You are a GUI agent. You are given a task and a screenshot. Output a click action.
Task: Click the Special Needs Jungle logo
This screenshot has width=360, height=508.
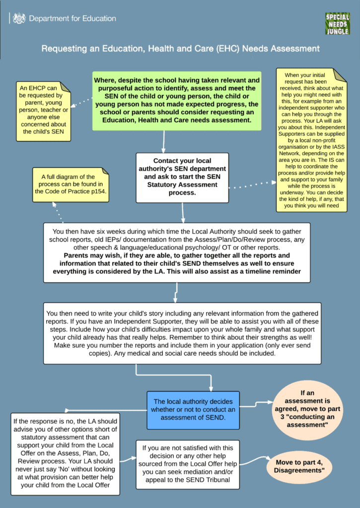pos(337,24)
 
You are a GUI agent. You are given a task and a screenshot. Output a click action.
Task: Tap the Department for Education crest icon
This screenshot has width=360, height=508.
pos(19,18)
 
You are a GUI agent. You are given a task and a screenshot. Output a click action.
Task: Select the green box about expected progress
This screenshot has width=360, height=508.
pos(177,101)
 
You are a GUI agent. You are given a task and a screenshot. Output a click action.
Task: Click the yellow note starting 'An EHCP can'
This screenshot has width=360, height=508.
pos(44,111)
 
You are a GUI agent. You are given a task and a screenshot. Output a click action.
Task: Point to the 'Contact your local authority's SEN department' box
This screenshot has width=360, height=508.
pos(182,178)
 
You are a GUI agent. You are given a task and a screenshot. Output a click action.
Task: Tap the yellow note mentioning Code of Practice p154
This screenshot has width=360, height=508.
pos(71,185)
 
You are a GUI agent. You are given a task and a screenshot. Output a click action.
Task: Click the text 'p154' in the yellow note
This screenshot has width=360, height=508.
pos(98,191)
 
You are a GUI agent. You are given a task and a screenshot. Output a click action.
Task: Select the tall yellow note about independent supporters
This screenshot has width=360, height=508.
pos(311,140)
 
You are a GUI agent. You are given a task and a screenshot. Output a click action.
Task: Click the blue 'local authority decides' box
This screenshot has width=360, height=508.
pos(193,410)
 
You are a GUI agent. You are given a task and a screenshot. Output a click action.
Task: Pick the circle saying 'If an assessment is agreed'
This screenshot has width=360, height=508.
pos(307,409)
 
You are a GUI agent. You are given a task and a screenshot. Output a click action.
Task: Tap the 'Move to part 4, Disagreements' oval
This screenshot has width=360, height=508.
pos(299,466)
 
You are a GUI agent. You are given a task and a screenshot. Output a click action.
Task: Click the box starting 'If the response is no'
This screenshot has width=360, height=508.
pos(65,454)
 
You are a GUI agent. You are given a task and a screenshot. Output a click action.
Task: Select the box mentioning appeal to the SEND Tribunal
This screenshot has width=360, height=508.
pos(188,464)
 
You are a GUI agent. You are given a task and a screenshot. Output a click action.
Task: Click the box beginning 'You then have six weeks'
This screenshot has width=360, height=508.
pos(177,253)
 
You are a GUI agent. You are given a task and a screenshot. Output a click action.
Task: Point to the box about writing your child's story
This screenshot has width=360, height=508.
pos(182,333)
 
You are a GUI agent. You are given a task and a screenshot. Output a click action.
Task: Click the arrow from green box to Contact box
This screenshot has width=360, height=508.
pos(164,141)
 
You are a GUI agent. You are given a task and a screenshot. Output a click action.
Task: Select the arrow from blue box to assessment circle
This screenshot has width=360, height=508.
pos(256,404)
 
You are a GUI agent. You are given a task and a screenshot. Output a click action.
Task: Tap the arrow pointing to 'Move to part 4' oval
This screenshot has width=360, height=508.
pos(255,460)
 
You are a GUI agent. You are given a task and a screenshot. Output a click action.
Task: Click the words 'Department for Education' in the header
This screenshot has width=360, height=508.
pos(72,18)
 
